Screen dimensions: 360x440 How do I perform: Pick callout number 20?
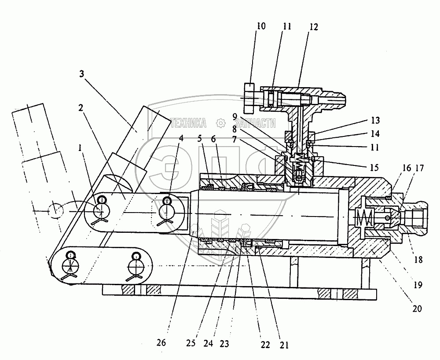[x=417, y=309]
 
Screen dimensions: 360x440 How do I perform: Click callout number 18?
[x=418, y=260]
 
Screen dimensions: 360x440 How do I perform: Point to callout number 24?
[x=216, y=343]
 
